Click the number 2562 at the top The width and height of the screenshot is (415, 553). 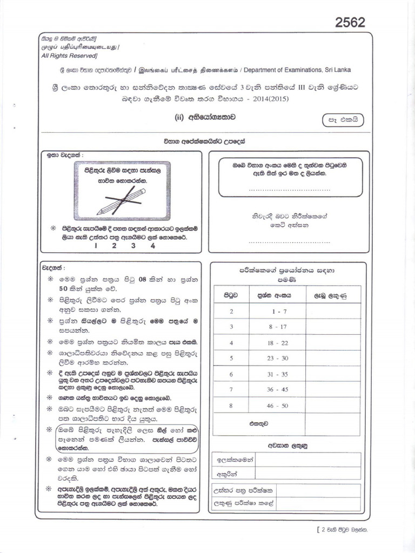tap(350, 22)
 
